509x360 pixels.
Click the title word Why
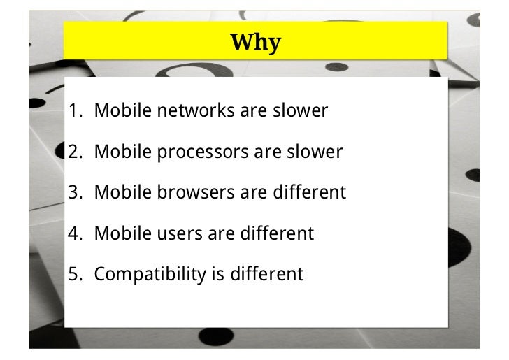(255, 43)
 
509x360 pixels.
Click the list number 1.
(75, 110)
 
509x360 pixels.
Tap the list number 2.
(75, 151)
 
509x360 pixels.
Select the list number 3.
(75, 192)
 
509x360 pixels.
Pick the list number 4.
(75, 233)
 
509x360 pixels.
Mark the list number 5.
(75, 273)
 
